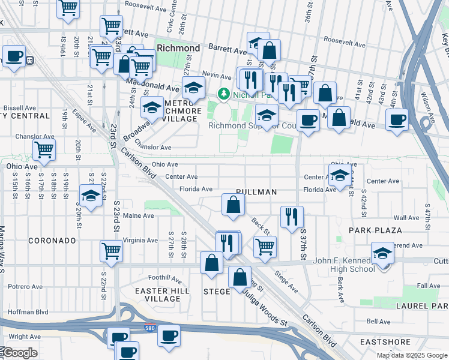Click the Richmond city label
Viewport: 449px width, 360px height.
point(178,47)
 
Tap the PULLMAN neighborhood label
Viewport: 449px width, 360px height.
point(256,192)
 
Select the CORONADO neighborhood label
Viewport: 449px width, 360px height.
point(52,241)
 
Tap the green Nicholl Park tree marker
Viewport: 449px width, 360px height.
point(223,94)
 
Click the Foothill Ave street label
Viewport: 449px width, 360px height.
point(165,278)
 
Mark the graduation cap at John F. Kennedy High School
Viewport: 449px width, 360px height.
point(382,253)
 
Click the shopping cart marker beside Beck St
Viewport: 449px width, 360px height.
point(264,245)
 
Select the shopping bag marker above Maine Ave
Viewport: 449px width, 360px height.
point(233,204)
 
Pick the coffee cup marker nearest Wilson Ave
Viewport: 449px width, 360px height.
point(396,119)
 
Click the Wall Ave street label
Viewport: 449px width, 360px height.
point(406,218)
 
